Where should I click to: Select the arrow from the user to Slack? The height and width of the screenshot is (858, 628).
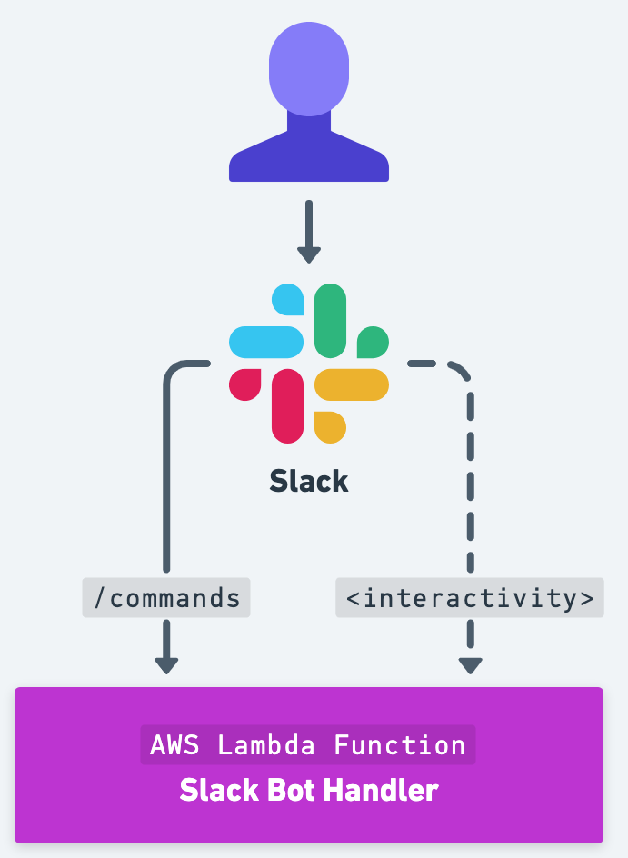(309, 231)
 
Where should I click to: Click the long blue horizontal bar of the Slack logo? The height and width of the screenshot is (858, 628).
(266, 342)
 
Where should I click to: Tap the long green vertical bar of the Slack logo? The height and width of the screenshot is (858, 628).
(330, 320)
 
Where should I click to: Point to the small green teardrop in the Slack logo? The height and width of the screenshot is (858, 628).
(373, 342)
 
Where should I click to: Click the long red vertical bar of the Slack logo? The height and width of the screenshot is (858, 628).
(288, 406)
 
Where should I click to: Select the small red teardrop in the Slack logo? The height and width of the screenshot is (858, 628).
(245, 384)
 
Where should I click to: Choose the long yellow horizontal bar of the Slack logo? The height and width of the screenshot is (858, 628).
(352, 384)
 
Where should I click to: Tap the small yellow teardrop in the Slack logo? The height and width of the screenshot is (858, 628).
(330, 427)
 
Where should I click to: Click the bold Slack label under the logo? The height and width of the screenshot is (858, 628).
(309, 481)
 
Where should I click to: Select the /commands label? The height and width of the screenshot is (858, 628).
(166, 598)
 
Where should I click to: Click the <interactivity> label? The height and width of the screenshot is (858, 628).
(470, 598)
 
